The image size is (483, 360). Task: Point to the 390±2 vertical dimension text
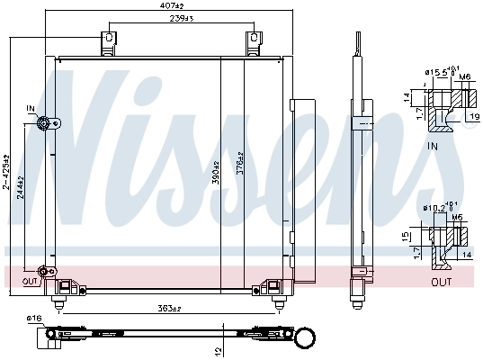(215, 168)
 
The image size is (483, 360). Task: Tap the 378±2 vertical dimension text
(240, 168)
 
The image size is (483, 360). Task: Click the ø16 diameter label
(34, 319)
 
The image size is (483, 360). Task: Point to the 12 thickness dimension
(219, 350)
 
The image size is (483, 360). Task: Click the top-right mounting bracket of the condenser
(254, 44)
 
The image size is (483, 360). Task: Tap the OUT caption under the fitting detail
(441, 282)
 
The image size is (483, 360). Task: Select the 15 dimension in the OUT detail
(407, 237)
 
